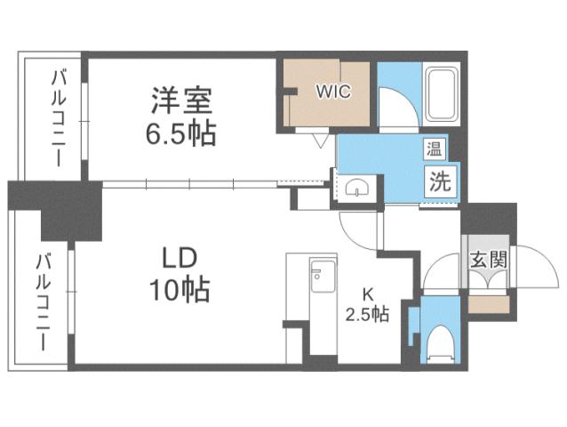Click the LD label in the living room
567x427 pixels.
pos(180,258)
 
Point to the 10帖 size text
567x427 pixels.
pos(180,290)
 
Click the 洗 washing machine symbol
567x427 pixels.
pos(440,181)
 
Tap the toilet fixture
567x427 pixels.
pos(436,342)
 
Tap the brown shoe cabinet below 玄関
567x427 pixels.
pos(487,302)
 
